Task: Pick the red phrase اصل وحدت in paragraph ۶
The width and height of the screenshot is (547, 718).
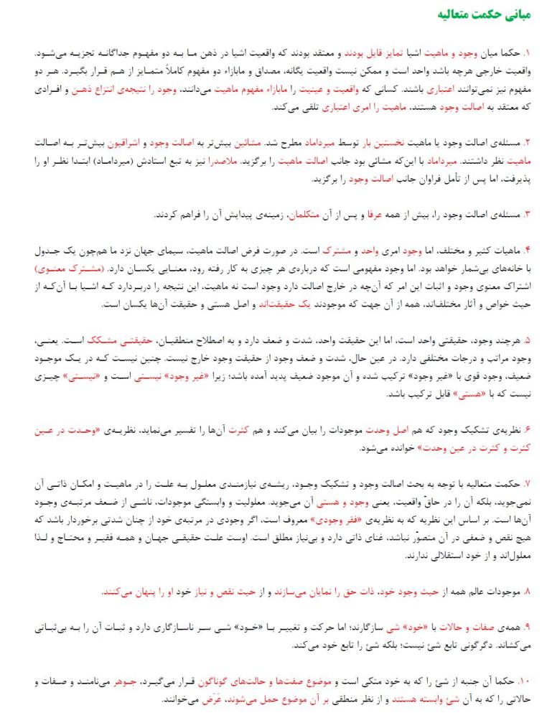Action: [x=391, y=429]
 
